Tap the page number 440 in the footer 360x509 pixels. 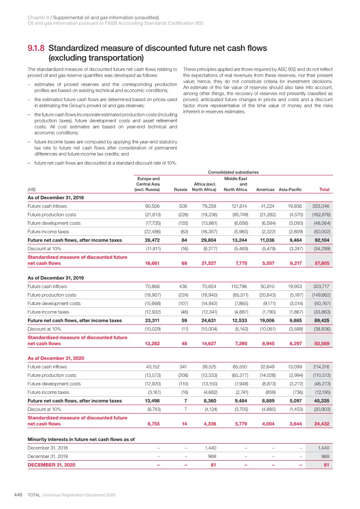(18, 495)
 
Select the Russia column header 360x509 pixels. (180, 190)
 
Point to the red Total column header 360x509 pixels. (324, 190)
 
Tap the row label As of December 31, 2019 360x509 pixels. (55, 278)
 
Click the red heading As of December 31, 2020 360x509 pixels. (55, 358)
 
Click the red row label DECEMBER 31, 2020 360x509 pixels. (51, 465)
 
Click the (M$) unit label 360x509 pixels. (31, 190)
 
